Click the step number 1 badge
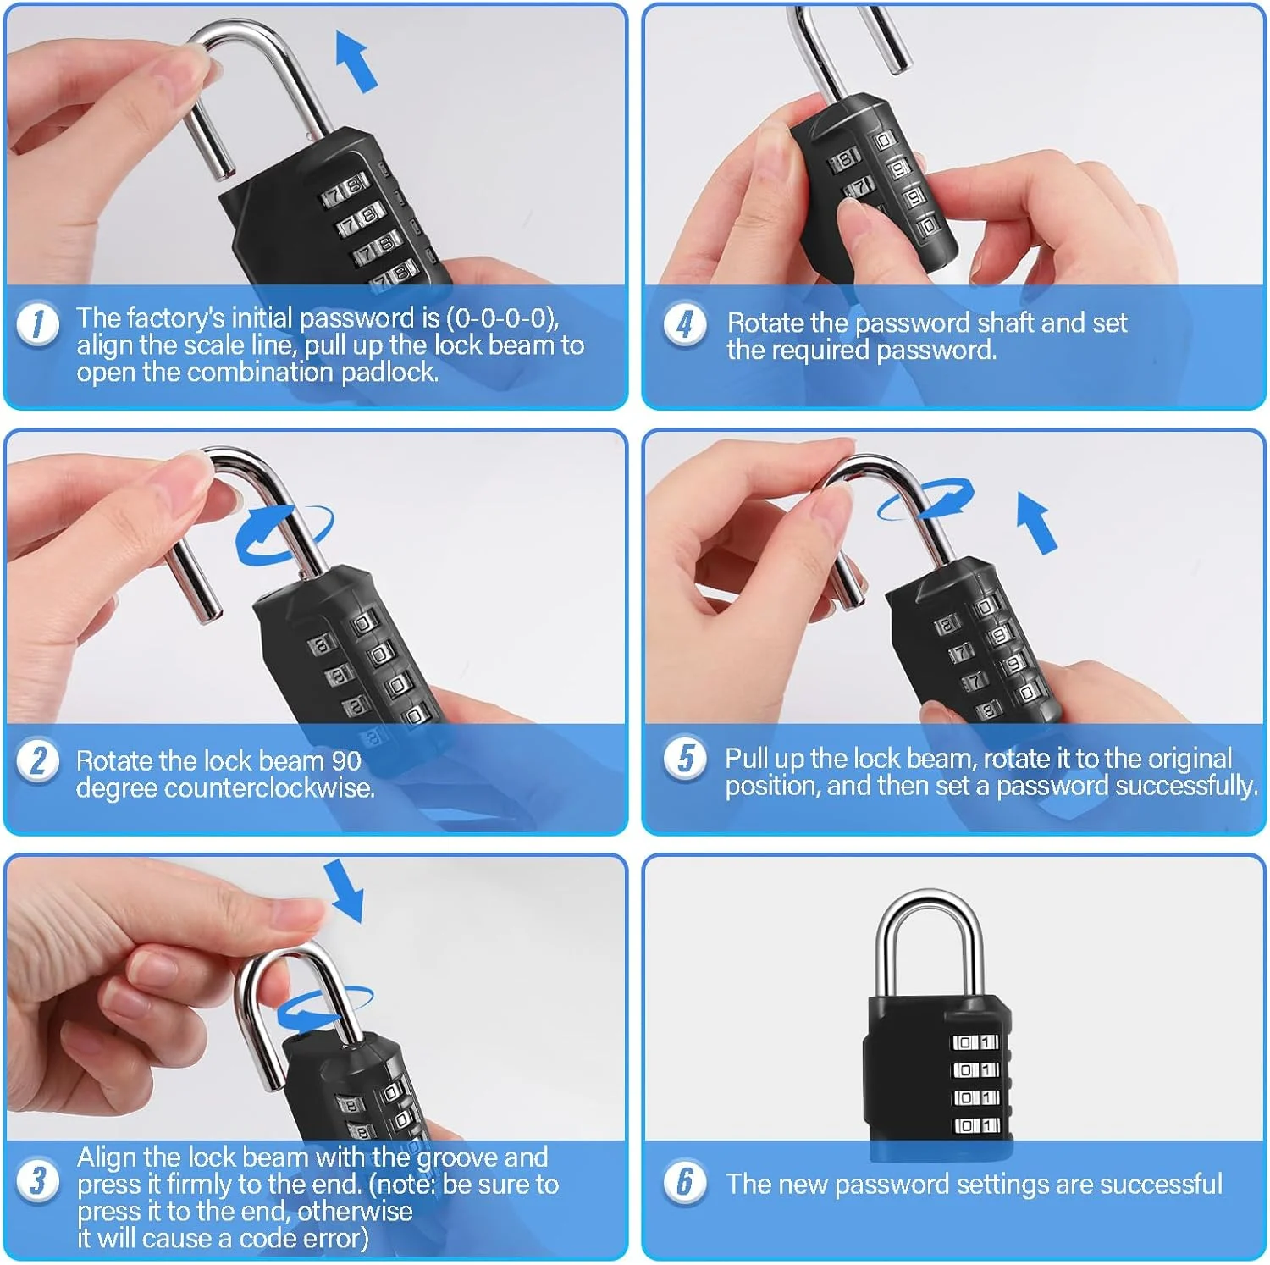[x=38, y=324]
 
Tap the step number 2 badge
[x=38, y=760]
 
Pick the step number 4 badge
[x=685, y=324]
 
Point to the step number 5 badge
[x=685, y=757]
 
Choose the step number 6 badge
[x=685, y=1181]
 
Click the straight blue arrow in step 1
[x=356, y=61]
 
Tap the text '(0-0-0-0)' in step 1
[x=502, y=318]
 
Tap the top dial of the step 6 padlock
[x=975, y=1043]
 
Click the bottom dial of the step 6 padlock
[x=975, y=1126]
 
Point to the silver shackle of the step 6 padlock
[x=886, y=948]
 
